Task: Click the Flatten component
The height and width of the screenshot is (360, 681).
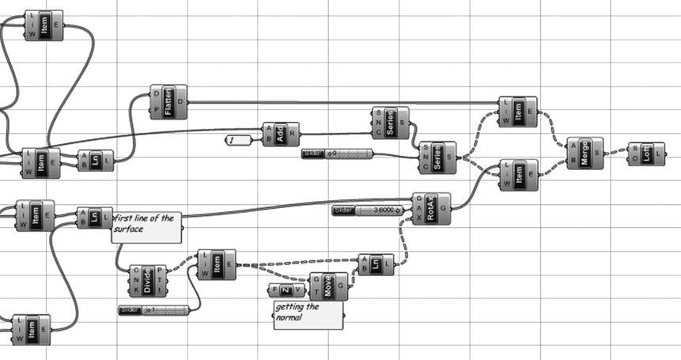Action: (168, 102)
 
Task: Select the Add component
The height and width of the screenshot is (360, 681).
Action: (281, 135)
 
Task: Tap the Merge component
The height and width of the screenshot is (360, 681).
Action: (585, 153)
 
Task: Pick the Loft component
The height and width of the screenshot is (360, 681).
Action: (646, 153)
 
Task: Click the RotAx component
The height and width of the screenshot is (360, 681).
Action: (431, 209)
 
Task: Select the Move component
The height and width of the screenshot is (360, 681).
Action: (329, 286)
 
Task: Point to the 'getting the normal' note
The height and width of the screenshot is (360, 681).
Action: (308, 315)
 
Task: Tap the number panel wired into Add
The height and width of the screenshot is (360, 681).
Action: (238, 140)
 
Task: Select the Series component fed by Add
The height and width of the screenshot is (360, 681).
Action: (390, 123)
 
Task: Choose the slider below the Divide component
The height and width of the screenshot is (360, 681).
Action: (153, 309)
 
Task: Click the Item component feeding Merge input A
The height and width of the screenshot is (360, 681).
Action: (517, 112)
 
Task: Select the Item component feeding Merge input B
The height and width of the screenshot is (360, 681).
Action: (518, 174)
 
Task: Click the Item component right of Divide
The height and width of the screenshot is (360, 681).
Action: (216, 264)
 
